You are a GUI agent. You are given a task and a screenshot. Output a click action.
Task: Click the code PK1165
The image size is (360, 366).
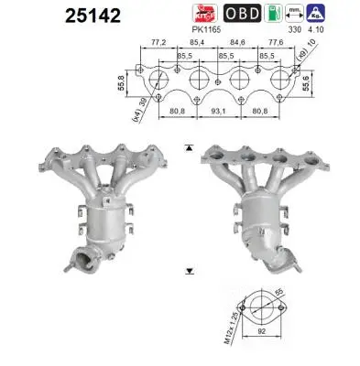point(212,30)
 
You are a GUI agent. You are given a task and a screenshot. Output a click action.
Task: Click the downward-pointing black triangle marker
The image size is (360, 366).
point(189,272)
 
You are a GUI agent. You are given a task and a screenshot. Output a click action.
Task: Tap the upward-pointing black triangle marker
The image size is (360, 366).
point(189,145)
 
